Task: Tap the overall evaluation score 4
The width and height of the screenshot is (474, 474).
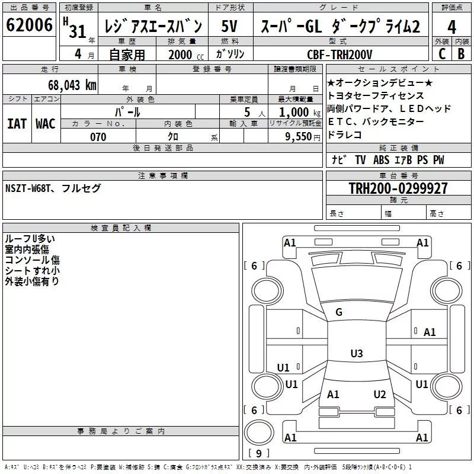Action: tap(452, 27)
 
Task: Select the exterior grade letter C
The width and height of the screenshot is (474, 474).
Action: tap(442, 53)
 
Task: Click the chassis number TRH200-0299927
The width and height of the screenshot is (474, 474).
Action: tap(398, 188)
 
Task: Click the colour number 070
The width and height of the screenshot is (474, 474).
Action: tap(98, 137)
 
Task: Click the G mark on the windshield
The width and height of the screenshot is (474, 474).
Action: tap(339, 312)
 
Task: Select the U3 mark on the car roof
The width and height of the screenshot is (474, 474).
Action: tap(356, 354)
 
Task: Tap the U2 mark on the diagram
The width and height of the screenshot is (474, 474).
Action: tap(380, 395)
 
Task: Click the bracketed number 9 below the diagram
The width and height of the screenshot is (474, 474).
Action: tap(258, 454)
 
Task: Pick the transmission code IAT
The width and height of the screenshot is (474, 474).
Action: tap(16, 124)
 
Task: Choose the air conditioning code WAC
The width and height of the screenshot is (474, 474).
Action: tap(45, 124)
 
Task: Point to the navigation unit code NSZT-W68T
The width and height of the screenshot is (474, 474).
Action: tap(29, 188)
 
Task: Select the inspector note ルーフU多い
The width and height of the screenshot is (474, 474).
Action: tap(30, 239)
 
